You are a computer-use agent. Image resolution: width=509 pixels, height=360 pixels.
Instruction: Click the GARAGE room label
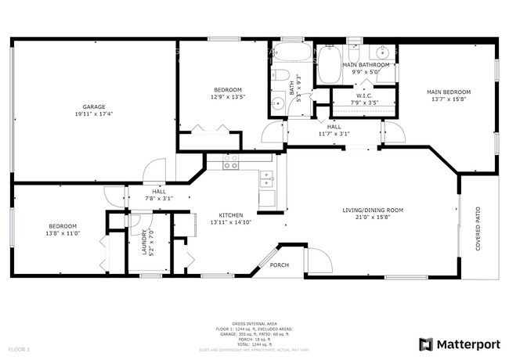pos(94,106)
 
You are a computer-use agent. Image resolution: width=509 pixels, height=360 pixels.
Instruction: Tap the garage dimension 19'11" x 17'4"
pos(94,114)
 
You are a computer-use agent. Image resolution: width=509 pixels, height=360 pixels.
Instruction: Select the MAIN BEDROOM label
pos(448,92)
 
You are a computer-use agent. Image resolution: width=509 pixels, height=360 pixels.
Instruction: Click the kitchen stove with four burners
pos(231,163)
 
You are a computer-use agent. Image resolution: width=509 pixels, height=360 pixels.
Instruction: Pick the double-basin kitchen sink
pos(267,180)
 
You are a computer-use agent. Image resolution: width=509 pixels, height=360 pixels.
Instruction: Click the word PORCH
pos(280,265)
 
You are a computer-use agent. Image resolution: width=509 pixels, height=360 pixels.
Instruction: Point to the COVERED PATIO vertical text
pos(478,226)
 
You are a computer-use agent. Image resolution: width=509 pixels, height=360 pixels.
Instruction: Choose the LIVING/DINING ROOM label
pos(373,210)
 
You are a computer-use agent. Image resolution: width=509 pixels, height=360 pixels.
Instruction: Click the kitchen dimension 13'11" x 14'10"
pos(230,222)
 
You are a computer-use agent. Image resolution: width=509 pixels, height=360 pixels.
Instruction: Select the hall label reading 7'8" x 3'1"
pos(158,198)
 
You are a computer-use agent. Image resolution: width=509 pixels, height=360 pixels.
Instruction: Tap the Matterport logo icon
pos(427,344)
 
